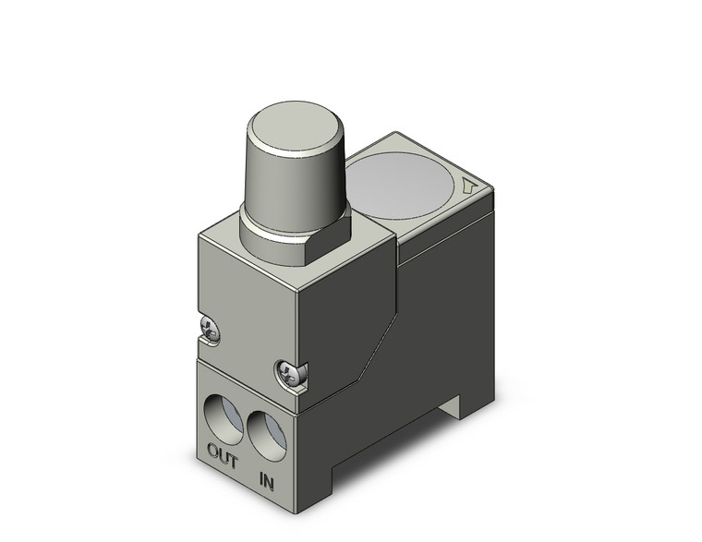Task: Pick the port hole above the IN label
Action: (x=265, y=430)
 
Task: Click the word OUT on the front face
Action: (x=223, y=457)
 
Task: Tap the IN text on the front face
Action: (x=267, y=481)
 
